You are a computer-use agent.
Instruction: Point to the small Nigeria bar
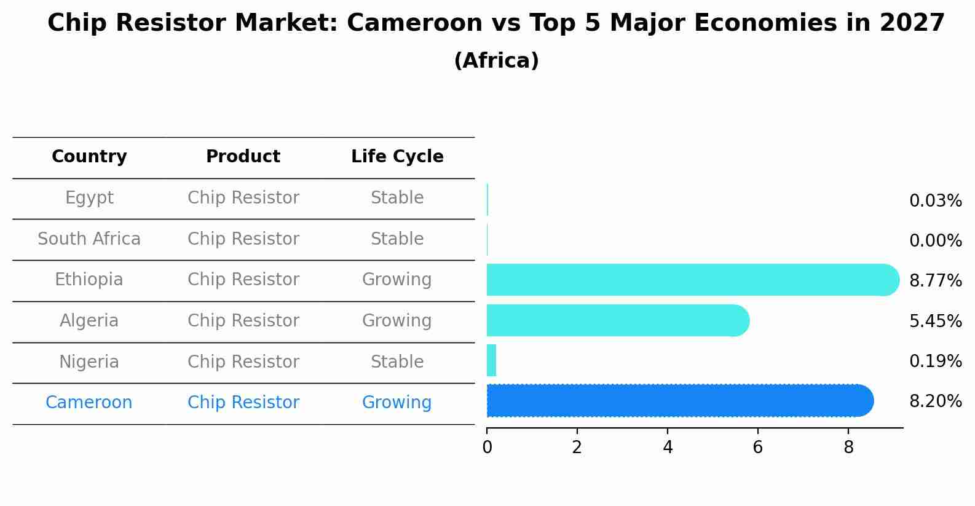(x=491, y=360)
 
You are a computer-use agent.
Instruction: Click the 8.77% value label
(x=935, y=281)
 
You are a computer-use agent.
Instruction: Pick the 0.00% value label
(x=935, y=241)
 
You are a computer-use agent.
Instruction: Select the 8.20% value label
(x=935, y=401)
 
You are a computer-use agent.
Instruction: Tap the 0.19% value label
(x=935, y=362)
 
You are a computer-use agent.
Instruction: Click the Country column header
(x=89, y=157)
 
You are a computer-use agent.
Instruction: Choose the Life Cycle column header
(x=397, y=157)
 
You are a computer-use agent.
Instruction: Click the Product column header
(x=243, y=157)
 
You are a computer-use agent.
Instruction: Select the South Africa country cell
(x=89, y=239)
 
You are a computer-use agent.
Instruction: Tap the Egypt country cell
(x=89, y=198)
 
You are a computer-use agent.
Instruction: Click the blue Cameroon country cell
(x=89, y=403)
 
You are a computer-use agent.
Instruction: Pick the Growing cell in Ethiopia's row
(x=397, y=280)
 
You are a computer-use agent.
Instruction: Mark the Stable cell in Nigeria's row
(x=397, y=362)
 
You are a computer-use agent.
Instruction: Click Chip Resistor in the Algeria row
(x=243, y=321)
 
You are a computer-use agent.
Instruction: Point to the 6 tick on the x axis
(x=758, y=448)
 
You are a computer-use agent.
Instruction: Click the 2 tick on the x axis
(x=577, y=448)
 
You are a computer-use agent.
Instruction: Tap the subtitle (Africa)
(x=496, y=61)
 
